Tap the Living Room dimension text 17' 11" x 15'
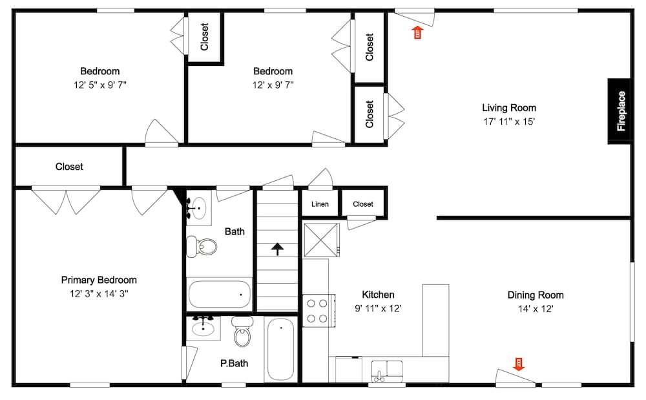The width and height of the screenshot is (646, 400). click(x=509, y=121)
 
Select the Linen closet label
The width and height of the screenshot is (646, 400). click(x=320, y=204)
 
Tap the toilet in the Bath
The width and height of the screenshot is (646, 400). click(x=203, y=246)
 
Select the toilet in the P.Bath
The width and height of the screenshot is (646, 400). click(x=242, y=333)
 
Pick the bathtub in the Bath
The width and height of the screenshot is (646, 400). click(x=220, y=294)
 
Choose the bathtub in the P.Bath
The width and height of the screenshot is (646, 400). click(x=280, y=349)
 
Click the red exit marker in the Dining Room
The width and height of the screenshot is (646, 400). click(x=518, y=364)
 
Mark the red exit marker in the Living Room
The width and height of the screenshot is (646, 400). click(x=417, y=32)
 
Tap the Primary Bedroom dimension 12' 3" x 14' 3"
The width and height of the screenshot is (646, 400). click(x=99, y=293)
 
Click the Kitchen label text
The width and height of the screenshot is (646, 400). click(x=378, y=295)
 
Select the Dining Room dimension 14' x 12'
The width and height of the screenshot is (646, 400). click(x=535, y=309)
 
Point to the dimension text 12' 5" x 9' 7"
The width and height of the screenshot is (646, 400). click(x=99, y=85)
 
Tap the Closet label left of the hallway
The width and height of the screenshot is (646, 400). click(x=69, y=167)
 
